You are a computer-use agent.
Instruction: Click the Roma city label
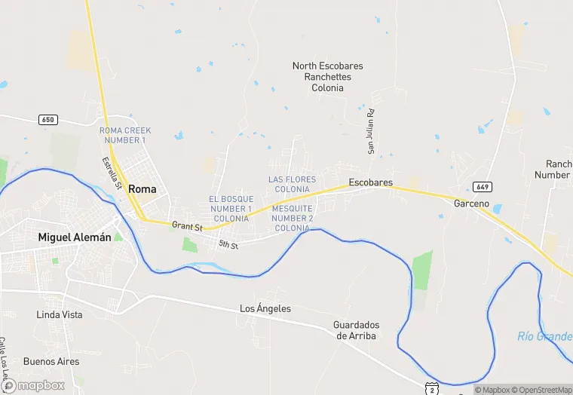pyautogui.click(x=142, y=189)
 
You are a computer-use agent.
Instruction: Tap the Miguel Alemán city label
pyautogui.click(x=75, y=237)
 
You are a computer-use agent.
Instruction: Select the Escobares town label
pyautogui.click(x=370, y=183)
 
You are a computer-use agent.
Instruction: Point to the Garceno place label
pyautogui.click(x=471, y=204)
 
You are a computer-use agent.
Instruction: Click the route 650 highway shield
pyautogui.click(x=48, y=120)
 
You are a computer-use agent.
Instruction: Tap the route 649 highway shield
pyautogui.click(x=483, y=186)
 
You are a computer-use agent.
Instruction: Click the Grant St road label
pyautogui.click(x=187, y=225)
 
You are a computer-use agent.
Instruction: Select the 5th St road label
pyautogui.click(x=228, y=245)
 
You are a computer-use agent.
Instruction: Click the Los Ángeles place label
pyautogui.click(x=265, y=309)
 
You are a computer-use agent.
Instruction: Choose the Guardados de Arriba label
pyautogui.click(x=356, y=330)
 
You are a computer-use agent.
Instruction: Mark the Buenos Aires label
pyautogui.click(x=51, y=362)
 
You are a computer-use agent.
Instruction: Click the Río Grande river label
pyautogui.click(x=544, y=336)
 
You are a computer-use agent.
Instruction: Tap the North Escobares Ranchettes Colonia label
pyautogui.click(x=328, y=77)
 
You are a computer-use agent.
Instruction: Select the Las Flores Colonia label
pyautogui.click(x=293, y=184)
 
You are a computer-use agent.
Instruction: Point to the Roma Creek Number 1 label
pyautogui.click(x=125, y=135)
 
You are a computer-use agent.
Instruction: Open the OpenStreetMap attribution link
pyautogui.click(x=541, y=390)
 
